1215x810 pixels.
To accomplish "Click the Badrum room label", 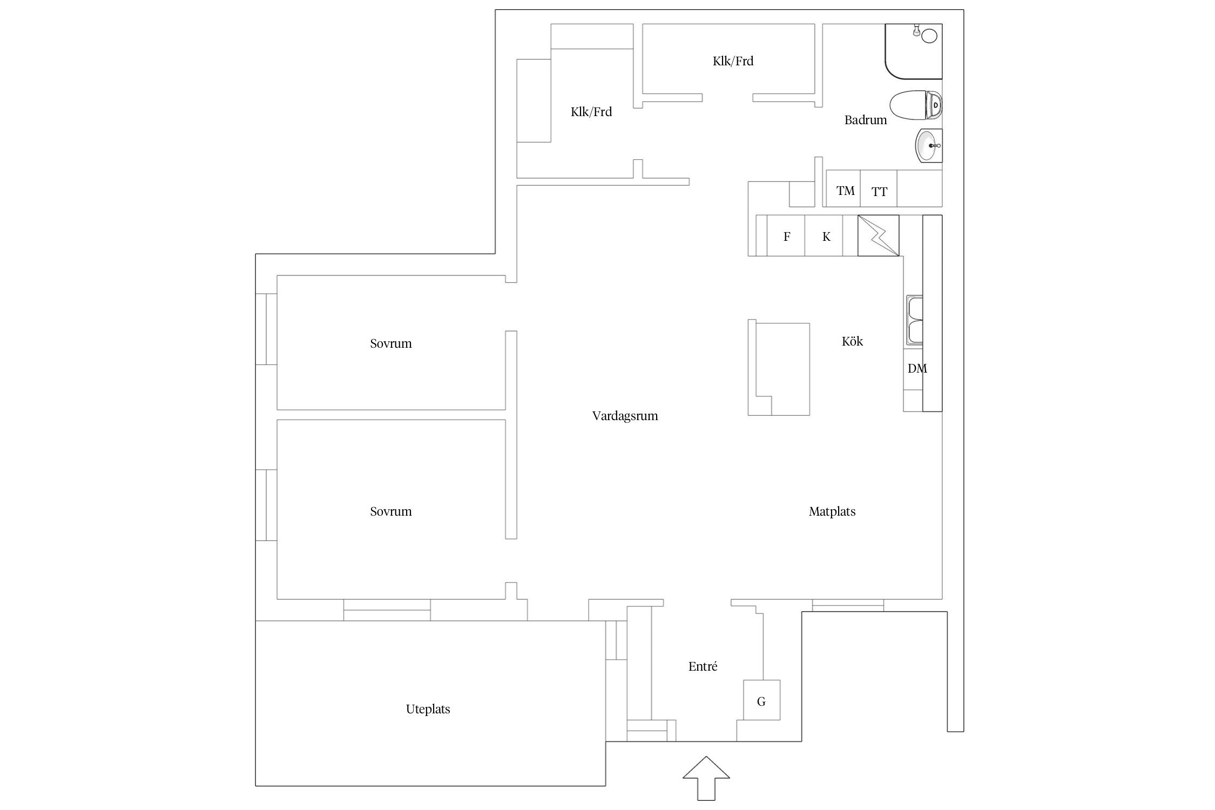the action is point(865,120).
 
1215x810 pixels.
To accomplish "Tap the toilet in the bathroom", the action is point(915,105).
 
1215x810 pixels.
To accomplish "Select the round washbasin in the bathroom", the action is point(929,145).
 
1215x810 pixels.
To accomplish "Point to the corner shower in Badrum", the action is point(914,51).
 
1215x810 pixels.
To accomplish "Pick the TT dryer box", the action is point(879,188).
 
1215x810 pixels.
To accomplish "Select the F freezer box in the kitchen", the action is point(786,235).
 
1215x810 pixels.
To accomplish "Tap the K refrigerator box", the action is point(823,235).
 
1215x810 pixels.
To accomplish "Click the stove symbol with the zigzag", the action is point(878,235).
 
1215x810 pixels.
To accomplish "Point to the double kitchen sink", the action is point(914,320).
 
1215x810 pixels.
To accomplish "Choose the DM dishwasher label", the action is point(917,368).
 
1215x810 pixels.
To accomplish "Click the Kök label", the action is point(852,341).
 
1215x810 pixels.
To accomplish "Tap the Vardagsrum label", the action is point(625,416).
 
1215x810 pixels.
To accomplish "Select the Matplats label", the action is point(832,511).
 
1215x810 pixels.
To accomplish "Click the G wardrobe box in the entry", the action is point(761,699).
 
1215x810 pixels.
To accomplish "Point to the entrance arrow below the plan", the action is point(706,778).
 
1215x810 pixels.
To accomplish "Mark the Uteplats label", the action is point(428,709).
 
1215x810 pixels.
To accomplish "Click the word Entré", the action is point(703,666).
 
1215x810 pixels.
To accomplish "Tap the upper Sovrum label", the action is point(390,343).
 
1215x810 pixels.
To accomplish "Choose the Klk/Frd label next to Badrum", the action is point(733,61).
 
